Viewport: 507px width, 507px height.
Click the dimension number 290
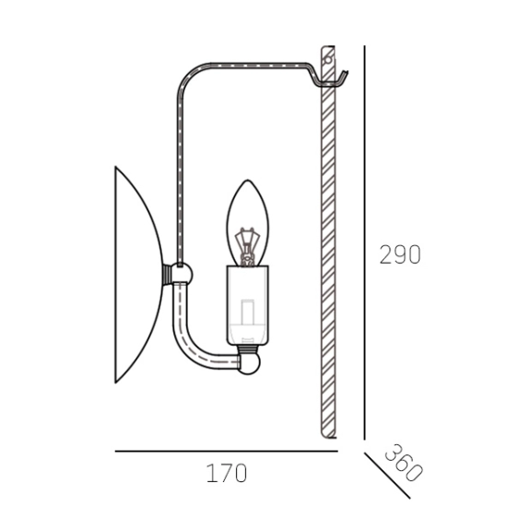(400, 254)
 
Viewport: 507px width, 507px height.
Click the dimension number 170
(227, 474)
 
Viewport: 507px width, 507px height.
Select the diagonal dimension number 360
(404, 463)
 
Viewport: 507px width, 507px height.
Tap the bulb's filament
(247, 246)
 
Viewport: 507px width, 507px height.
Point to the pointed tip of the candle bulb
(247, 180)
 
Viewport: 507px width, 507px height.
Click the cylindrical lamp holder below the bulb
(247, 305)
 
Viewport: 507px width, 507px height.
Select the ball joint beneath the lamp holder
(249, 364)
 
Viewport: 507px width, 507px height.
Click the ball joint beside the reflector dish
(182, 274)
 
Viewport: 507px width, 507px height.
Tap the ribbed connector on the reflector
(167, 275)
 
